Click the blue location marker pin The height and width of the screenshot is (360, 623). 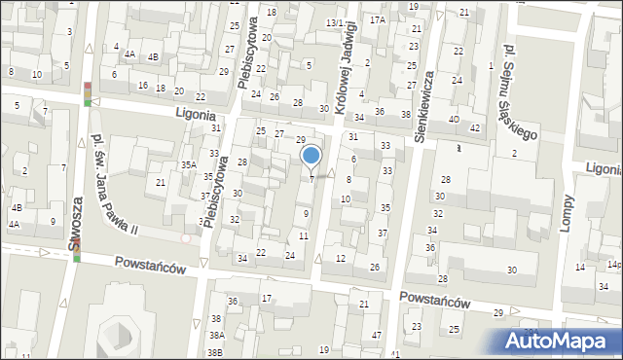[311, 156]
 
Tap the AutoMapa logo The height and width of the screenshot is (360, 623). [562, 341]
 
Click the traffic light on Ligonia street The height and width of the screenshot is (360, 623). [89, 94]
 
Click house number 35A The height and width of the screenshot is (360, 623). [188, 165]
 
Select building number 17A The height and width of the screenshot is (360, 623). [377, 19]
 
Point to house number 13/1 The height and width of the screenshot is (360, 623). [334, 22]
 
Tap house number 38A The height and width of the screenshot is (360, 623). [216, 335]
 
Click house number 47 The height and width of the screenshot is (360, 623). [376, 335]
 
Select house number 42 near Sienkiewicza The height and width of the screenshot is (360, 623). [474, 128]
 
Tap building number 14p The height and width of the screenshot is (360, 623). [613, 265]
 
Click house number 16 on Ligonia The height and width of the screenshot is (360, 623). [143, 86]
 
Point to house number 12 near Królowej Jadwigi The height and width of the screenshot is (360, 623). [340, 258]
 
